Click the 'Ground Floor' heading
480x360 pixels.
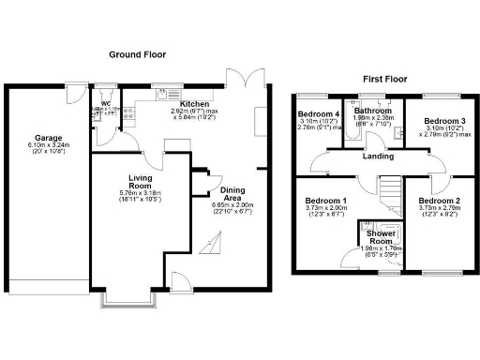(137, 54)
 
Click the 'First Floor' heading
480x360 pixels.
(384, 79)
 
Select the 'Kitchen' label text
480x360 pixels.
(195, 104)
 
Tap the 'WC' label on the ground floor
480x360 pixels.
(106, 103)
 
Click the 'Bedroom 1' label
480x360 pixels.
(326, 202)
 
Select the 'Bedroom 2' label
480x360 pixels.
(438, 202)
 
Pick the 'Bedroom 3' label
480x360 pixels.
(442, 122)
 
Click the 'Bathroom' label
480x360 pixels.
(372, 110)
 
